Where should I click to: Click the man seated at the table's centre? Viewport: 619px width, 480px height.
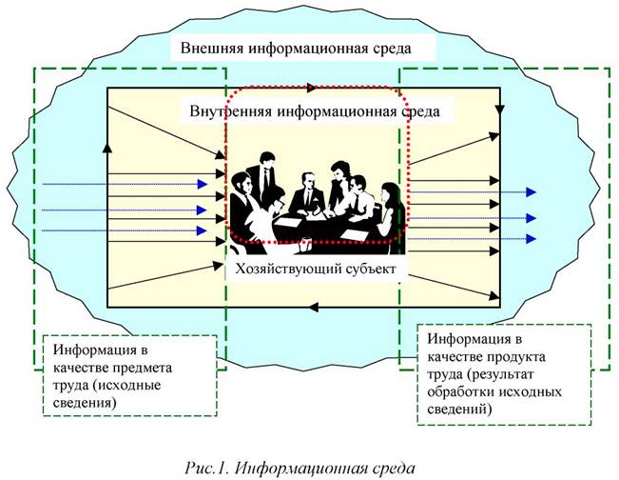(306, 196)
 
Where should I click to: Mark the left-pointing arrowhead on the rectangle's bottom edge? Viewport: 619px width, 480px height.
(315, 306)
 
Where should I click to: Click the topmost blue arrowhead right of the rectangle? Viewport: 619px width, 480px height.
(531, 192)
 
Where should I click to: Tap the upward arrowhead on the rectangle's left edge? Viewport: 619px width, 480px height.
(107, 149)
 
